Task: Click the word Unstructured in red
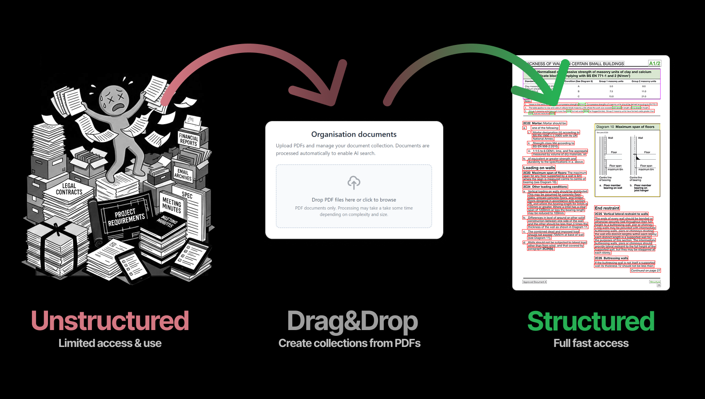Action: point(110,321)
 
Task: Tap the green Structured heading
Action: point(590,322)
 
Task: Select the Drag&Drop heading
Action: point(352,322)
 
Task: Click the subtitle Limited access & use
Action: point(110,343)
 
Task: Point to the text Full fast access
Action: point(590,343)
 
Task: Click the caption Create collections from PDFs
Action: point(349,343)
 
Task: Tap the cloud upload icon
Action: point(354,182)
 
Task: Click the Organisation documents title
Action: point(354,134)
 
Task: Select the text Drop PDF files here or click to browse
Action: point(354,200)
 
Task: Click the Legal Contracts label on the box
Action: point(69,189)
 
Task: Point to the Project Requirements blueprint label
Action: point(126,217)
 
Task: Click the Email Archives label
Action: point(183,174)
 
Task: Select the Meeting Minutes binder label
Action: point(172,205)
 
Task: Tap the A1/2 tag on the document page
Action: point(654,64)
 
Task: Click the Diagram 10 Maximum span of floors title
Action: point(625,127)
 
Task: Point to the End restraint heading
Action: point(607,208)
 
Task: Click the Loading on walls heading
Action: point(539,168)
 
